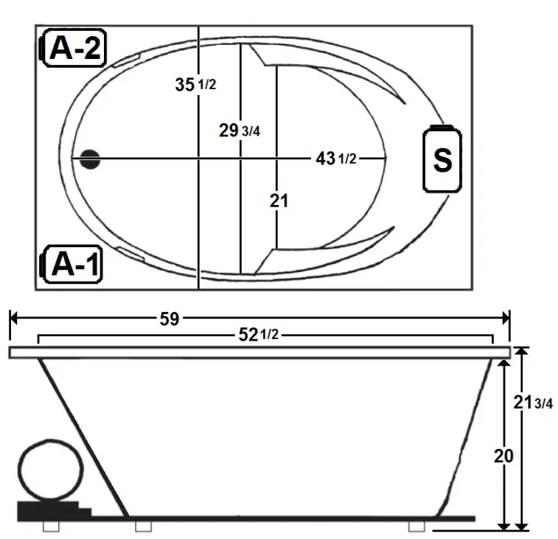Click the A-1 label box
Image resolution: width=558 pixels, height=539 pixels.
[74, 265]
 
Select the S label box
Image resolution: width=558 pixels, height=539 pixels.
[442, 160]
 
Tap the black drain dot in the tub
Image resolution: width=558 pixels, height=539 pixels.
[91, 159]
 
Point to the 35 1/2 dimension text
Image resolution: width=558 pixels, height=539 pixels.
[195, 84]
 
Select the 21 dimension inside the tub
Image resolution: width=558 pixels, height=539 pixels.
[279, 201]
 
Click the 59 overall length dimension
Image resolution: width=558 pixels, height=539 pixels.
[170, 319]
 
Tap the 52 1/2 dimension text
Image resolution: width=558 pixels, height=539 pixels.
[257, 335]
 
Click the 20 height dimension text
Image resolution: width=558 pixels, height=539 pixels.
[503, 455]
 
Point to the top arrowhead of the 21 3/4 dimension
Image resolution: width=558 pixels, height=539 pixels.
[522, 352]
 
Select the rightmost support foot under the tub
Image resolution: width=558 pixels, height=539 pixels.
[417, 526]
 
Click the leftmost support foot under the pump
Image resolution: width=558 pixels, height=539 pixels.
[50, 526]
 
